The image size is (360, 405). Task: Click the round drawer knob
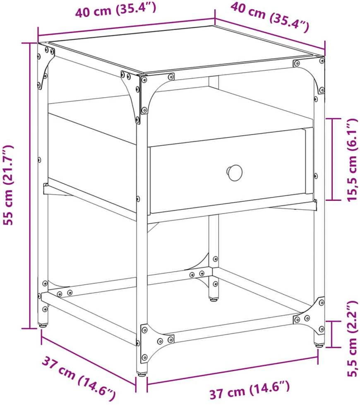[235, 173]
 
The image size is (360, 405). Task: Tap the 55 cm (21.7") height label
[9, 185]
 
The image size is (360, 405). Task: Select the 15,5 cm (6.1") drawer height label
[352, 160]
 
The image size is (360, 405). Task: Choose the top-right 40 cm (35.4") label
[270, 17]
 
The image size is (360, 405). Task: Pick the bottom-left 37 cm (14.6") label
[79, 378]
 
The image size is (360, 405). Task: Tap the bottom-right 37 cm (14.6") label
[249, 390]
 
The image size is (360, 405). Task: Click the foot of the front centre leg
[142, 374]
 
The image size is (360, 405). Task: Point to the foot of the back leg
[213, 300]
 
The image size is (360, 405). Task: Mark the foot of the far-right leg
[319, 345]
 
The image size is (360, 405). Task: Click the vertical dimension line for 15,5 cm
[333, 159]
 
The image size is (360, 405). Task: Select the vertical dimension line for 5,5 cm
[332, 334]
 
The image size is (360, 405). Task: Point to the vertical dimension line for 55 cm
[30, 186]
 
